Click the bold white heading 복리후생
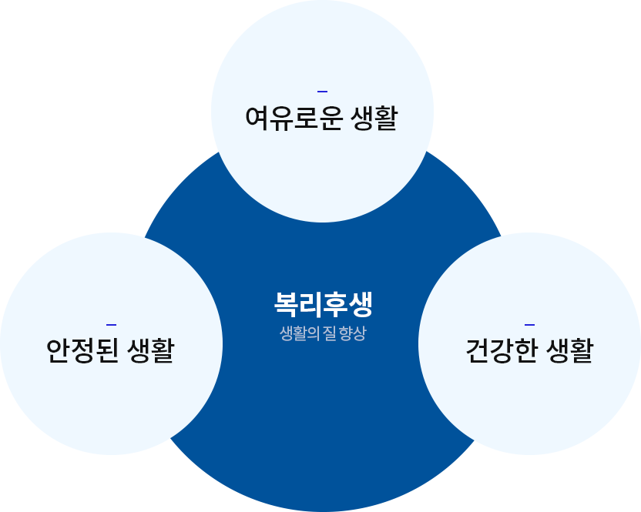pyautogui.click(x=323, y=304)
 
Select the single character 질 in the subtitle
pyautogui.click(x=329, y=335)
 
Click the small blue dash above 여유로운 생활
pyautogui.click(x=322, y=92)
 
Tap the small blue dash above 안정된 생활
pyautogui.click(x=111, y=324)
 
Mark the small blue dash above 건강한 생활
pyautogui.click(x=529, y=324)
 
